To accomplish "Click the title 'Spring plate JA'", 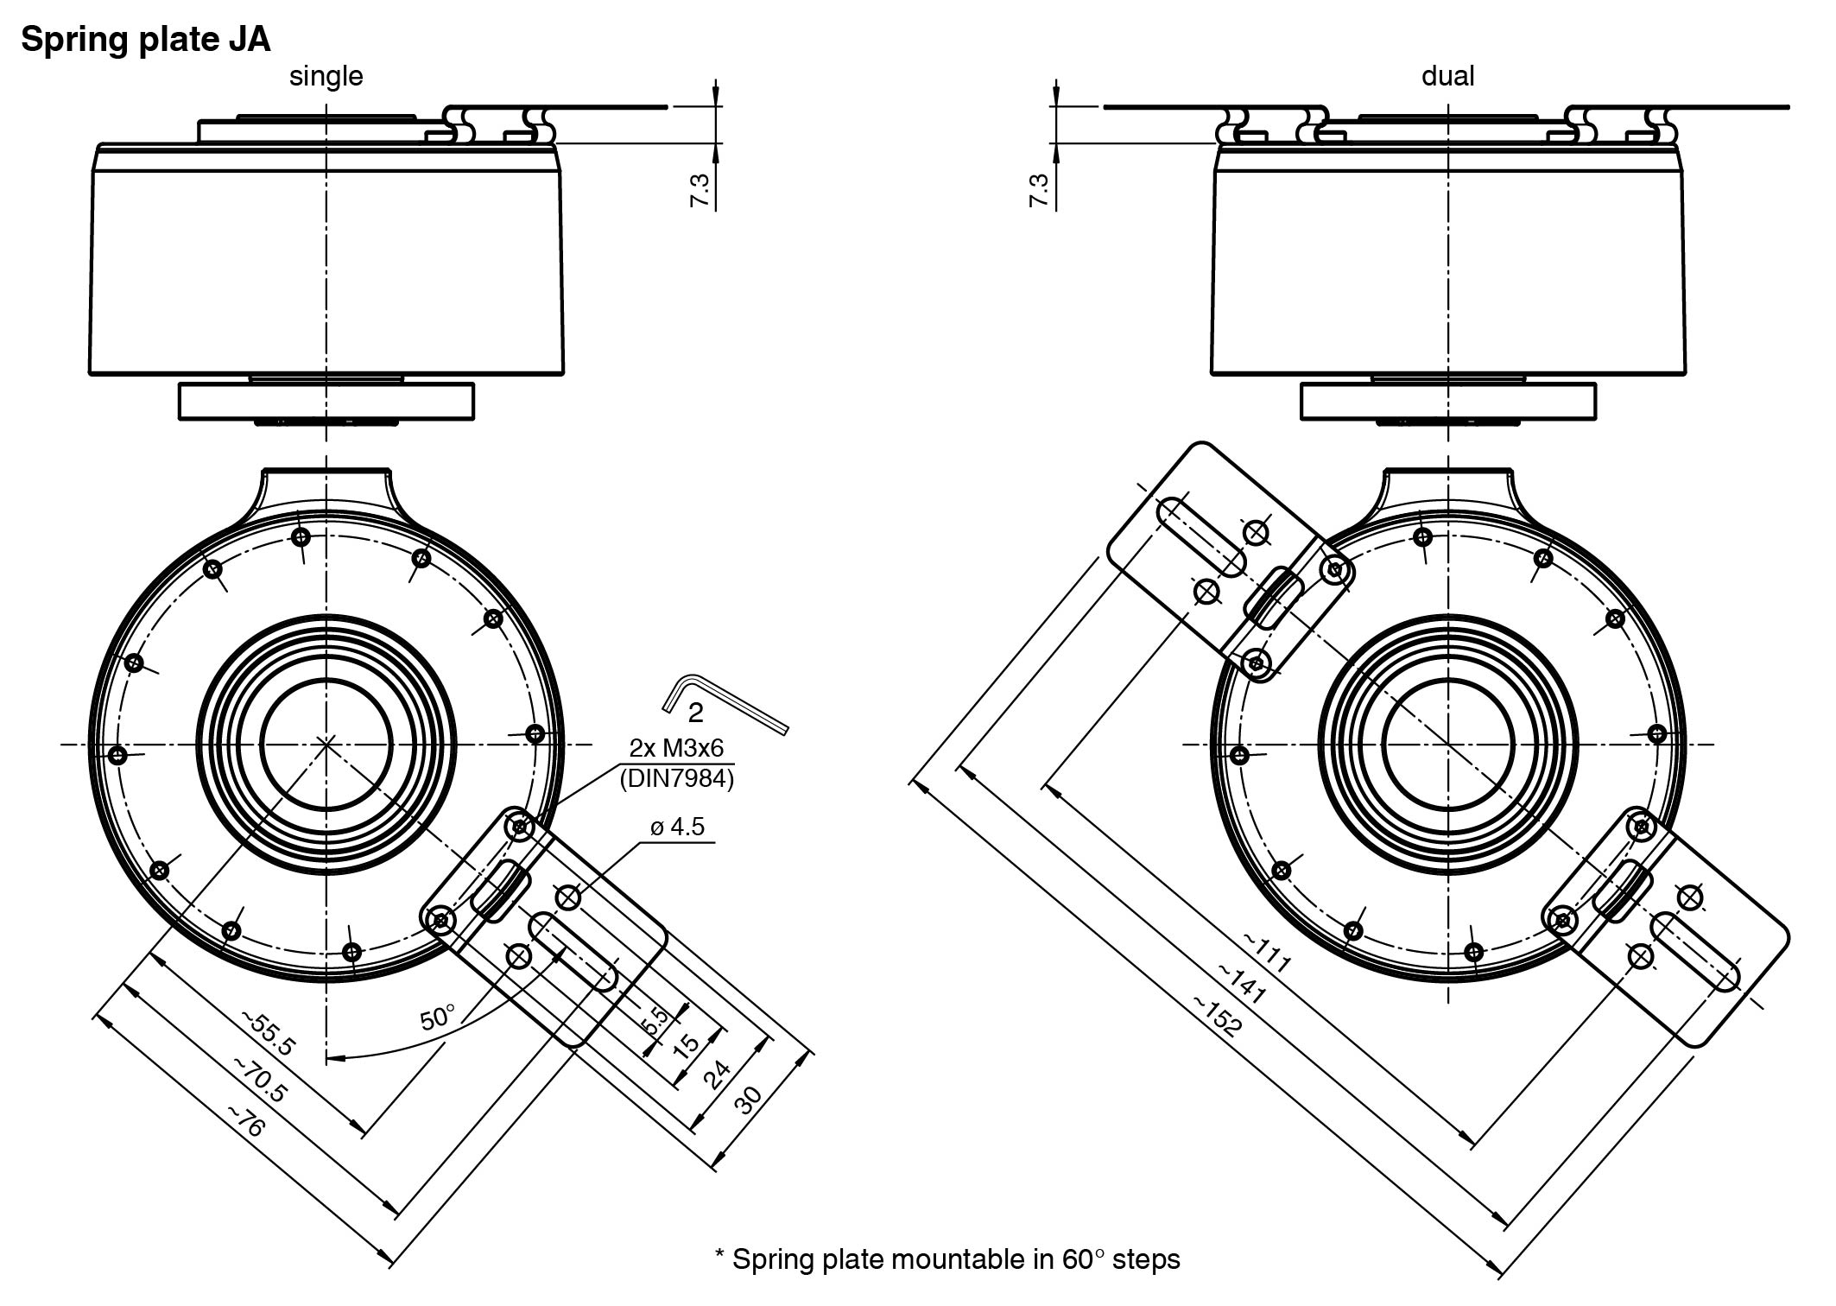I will click(x=145, y=40).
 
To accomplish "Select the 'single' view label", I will click(x=326, y=76).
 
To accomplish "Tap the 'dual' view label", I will click(x=1447, y=76).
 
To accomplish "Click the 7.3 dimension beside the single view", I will click(x=700, y=190).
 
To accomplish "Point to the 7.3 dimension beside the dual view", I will click(x=1039, y=190).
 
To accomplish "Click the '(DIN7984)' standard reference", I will click(x=676, y=779).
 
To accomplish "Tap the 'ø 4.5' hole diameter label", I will click(x=677, y=827).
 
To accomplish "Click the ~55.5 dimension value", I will click(x=269, y=1033).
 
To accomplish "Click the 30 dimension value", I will click(x=749, y=1100).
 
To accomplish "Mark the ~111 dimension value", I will click(x=1267, y=952).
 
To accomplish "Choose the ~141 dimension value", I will click(x=1242, y=984).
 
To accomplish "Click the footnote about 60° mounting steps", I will click(x=947, y=1259).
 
